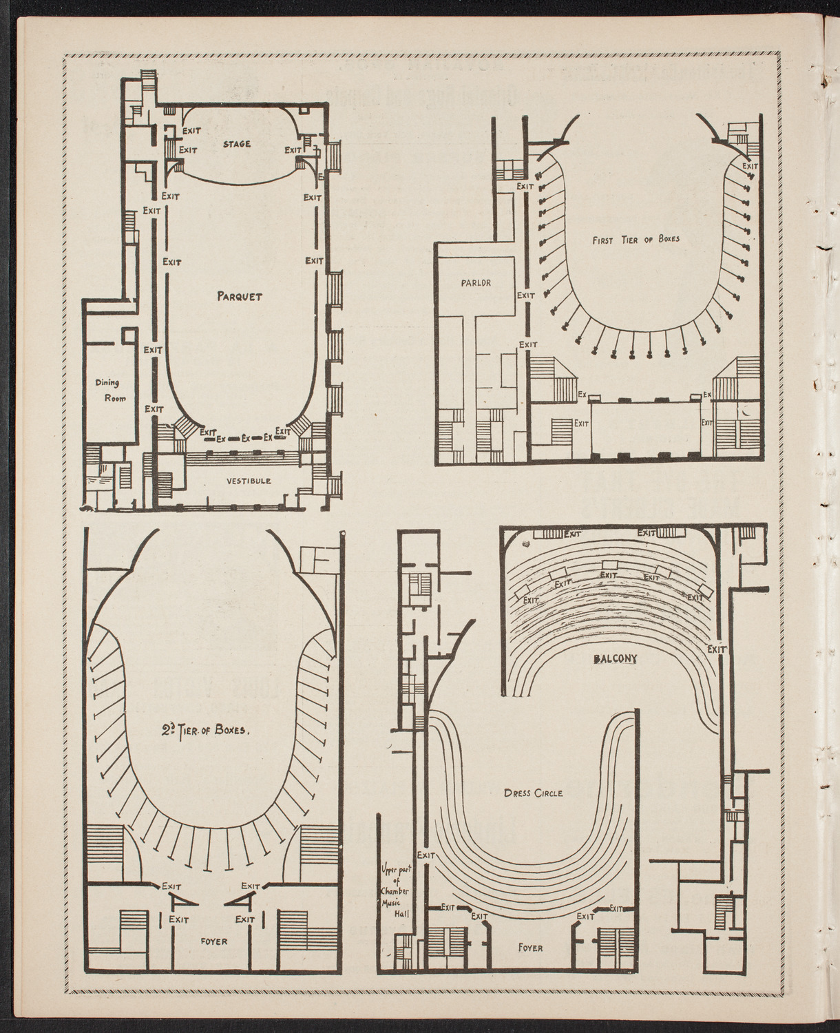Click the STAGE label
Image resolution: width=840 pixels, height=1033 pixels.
(x=237, y=144)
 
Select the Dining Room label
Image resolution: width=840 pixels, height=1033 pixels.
(x=110, y=391)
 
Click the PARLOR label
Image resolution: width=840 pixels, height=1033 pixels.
(x=476, y=282)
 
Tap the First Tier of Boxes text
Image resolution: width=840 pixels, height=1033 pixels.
(x=636, y=240)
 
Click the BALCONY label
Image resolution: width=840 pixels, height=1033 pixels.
(x=615, y=659)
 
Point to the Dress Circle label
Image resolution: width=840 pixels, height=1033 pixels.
(x=533, y=793)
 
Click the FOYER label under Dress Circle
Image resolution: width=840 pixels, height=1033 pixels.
(x=529, y=948)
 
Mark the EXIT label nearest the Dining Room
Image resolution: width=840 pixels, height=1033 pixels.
(x=153, y=408)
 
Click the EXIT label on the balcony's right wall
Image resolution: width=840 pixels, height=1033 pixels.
(x=717, y=649)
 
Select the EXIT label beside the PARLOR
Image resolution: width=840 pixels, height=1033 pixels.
(x=526, y=295)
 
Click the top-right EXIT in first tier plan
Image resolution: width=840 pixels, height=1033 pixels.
(x=750, y=166)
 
